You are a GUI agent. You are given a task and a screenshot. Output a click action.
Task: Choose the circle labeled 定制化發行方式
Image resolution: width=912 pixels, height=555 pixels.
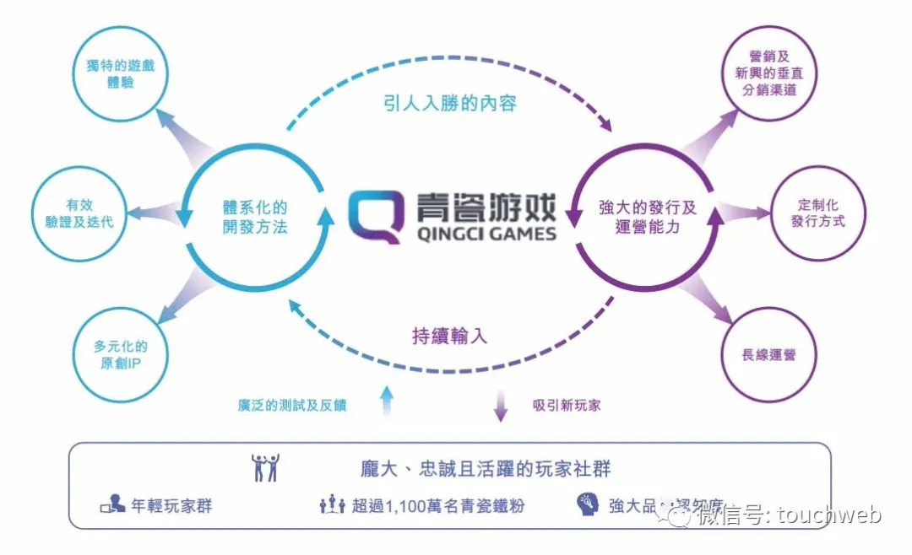coord(817,213)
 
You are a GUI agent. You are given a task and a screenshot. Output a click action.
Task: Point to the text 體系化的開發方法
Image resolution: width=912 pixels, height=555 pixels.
coord(254,217)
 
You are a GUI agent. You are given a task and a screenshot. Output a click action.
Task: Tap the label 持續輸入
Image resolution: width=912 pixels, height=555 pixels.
coord(450,336)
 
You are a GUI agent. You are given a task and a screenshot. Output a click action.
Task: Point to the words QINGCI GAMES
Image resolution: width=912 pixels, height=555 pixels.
coord(487,234)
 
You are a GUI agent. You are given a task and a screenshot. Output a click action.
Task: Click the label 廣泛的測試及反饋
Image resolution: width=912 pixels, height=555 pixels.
coord(292,405)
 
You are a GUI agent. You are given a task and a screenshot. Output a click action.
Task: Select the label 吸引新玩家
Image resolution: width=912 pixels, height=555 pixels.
coord(567,405)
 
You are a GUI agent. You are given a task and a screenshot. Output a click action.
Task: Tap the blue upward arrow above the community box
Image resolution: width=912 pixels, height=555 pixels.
coord(387,401)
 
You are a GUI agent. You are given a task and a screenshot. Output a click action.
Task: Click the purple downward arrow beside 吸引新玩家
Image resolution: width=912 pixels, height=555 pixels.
coord(500,405)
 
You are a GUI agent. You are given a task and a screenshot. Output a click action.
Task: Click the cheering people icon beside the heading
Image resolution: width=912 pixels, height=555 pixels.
coord(264,467)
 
